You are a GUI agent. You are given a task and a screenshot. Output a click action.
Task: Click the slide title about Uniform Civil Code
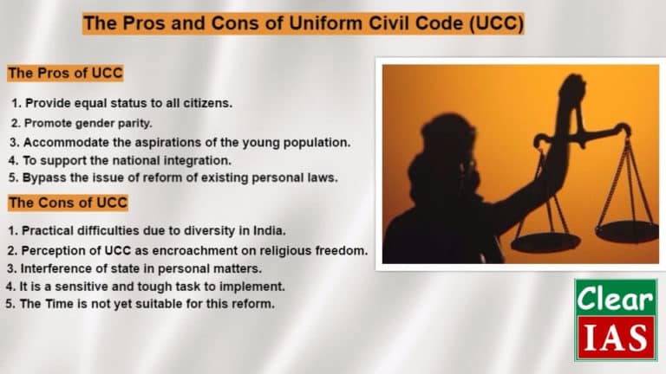(303, 24)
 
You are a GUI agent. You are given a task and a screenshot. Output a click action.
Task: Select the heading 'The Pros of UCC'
(66, 73)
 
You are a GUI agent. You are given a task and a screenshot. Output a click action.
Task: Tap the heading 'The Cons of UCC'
(68, 203)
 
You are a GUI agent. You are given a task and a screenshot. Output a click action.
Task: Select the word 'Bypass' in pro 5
(44, 178)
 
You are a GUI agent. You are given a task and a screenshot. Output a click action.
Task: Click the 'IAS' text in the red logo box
(616, 339)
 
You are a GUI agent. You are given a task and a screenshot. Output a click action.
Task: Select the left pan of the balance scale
(545, 242)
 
